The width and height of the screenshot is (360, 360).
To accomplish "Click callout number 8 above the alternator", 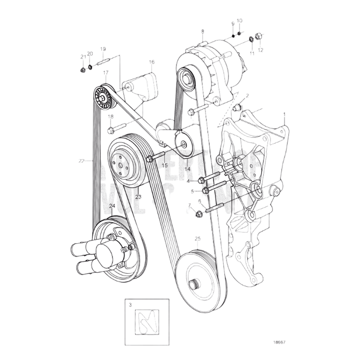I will tap(202, 31).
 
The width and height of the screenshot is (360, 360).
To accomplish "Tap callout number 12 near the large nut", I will tap(260, 50).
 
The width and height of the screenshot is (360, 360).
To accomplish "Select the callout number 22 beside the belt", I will tap(82, 161).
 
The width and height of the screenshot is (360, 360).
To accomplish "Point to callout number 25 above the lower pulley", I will tap(197, 239).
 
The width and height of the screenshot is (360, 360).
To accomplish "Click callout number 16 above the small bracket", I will tap(151, 62).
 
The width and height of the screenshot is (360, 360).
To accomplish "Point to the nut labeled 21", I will tap(82, 69).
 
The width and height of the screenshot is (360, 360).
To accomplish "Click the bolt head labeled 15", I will tap(149, 159).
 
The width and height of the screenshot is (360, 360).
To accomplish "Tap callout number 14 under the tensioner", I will tap(187, 170).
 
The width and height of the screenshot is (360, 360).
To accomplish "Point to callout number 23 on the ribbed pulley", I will tap(138, 197).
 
